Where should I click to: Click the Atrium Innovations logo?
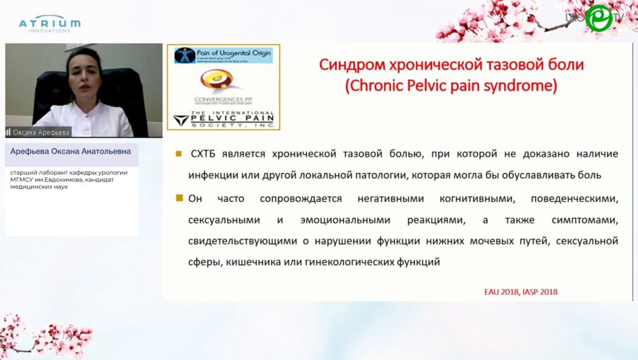(49, 23)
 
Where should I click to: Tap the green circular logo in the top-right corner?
(598, 18)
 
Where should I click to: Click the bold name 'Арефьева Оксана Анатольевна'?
(70, 152)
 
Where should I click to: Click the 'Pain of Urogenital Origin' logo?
(223, 55)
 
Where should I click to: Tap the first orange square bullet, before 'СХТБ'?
(179, 153)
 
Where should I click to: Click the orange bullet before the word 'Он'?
(179, 198)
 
